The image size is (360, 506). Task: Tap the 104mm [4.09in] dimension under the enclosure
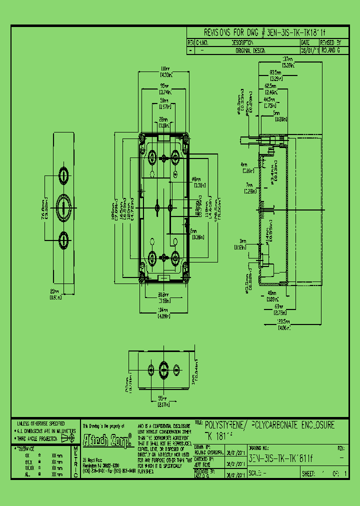(163, 313)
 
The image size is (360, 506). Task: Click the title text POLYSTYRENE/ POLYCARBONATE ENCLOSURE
(270, 425)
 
